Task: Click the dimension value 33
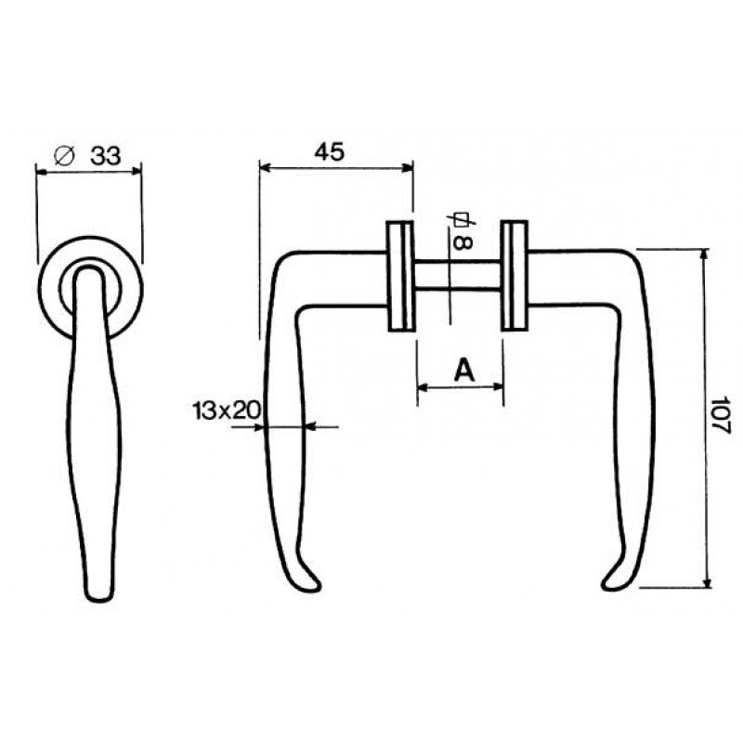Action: point(106,156)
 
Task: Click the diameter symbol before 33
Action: point(65,156)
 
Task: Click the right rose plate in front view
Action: point(514,276)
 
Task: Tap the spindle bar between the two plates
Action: point(457,277)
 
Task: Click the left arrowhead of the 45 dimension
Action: point(264,168)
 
